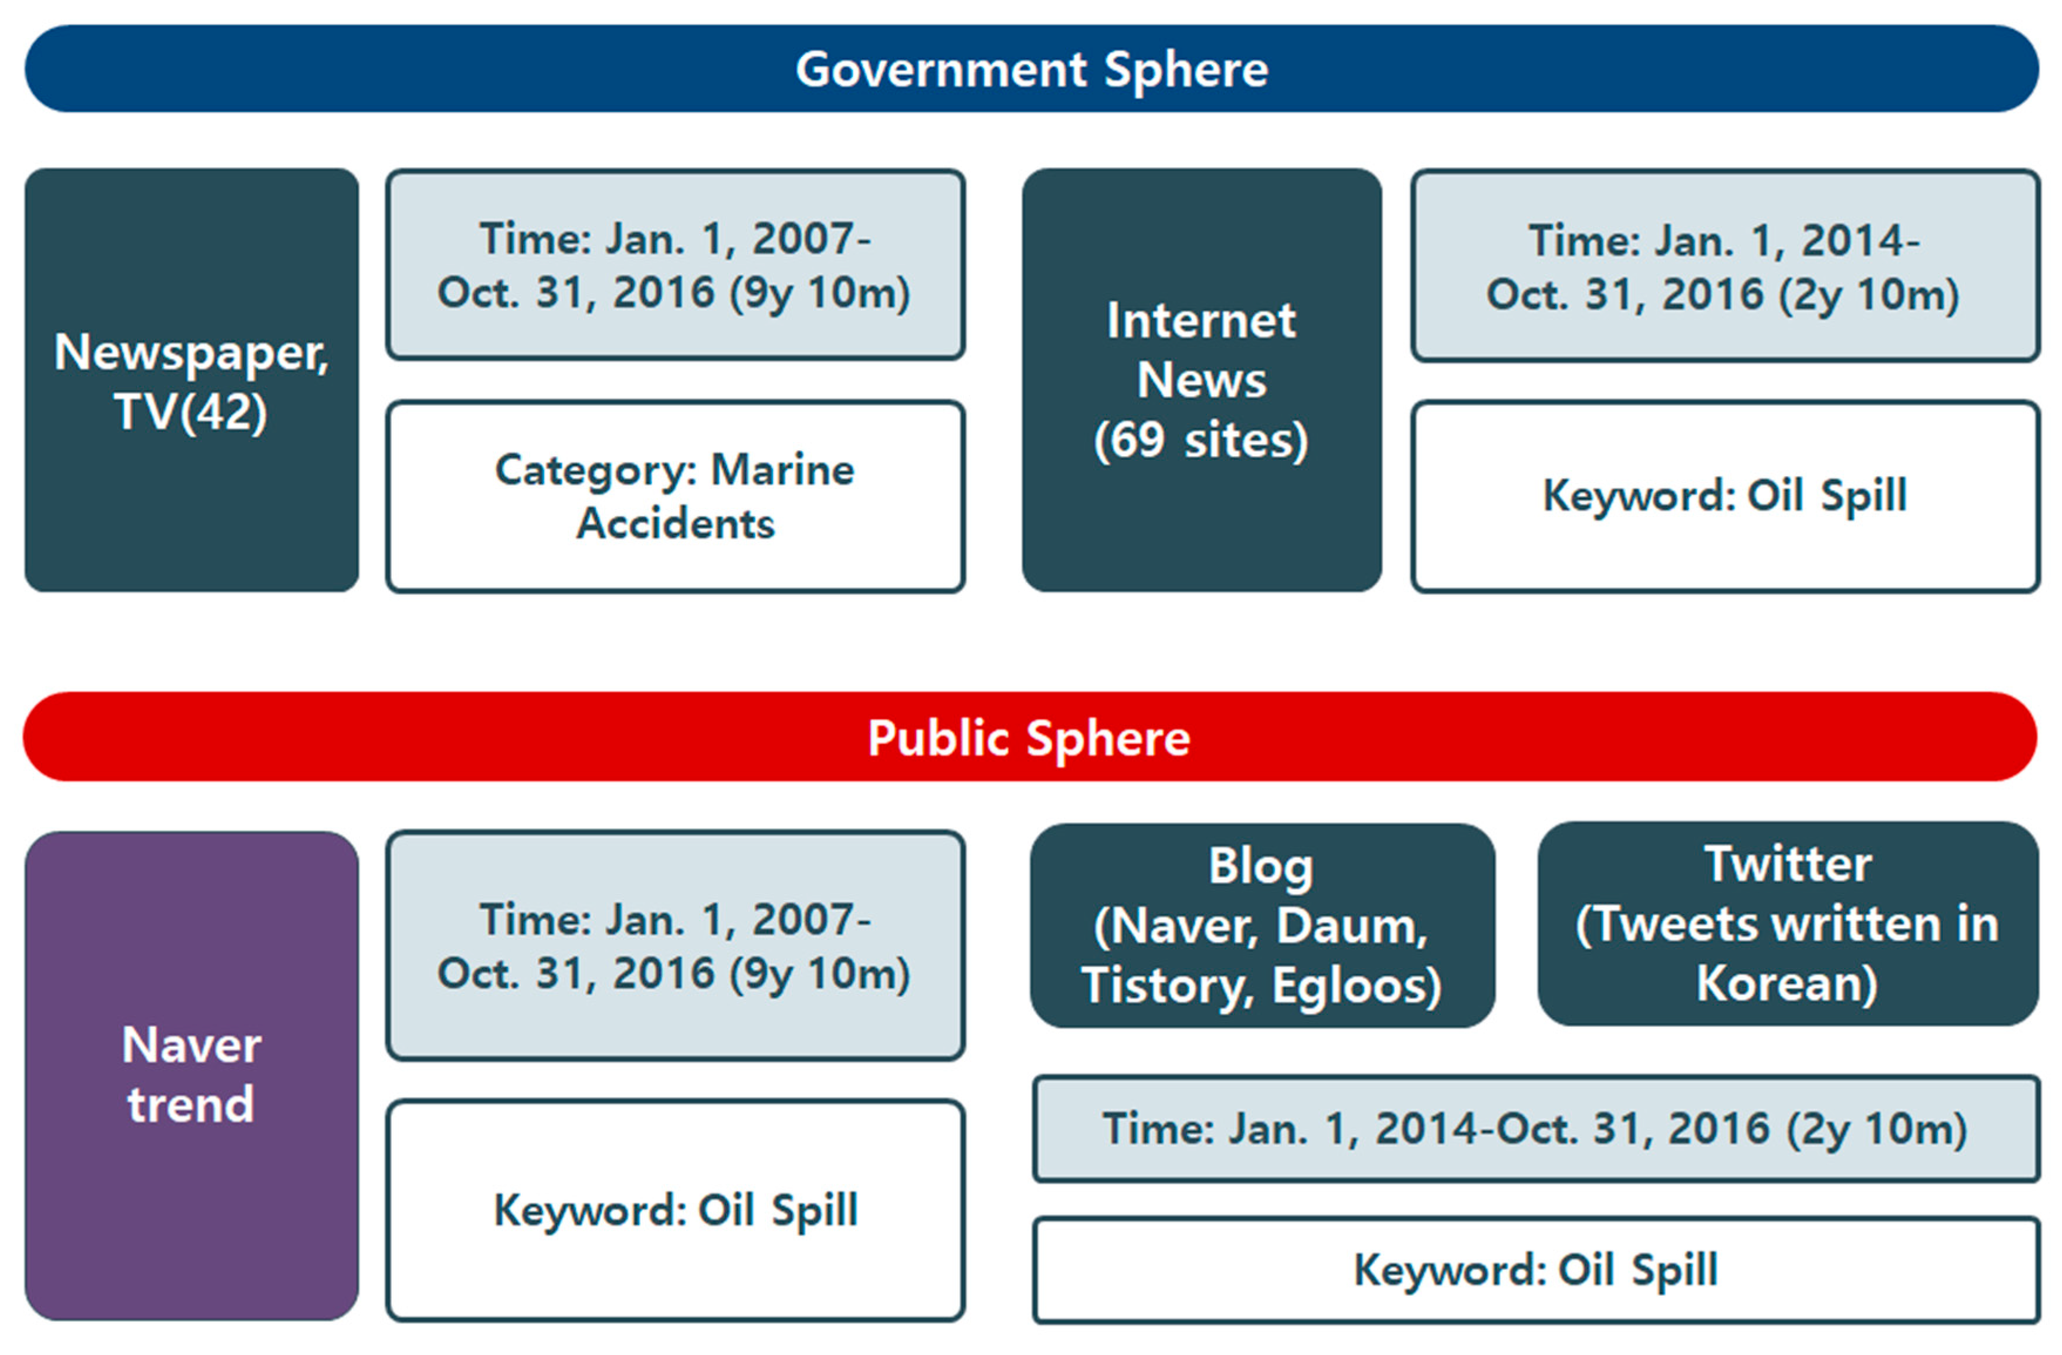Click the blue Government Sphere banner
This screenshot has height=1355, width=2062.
tap(1031, 69)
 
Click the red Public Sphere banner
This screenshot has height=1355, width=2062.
tap(1029, 736)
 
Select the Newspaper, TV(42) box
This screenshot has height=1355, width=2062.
tap(191, 381)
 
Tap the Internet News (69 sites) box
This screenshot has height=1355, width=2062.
tap(1202, 381)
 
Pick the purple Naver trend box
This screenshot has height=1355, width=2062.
tap(191, 1075)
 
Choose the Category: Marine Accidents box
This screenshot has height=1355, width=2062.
tap(676, 497)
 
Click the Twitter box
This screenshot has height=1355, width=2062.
tap(1788, 923)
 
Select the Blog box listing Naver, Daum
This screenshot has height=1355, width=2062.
tap(1262, 925)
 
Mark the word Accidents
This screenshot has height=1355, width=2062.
tap(676, 523)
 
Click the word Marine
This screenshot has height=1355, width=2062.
tap(782, 470)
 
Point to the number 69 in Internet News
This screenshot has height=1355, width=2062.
tap(1138, 440)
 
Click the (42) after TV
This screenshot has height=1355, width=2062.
tap(223, 412)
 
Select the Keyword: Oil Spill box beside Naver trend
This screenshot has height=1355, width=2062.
tap(676, 1210)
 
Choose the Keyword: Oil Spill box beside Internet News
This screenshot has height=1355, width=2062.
tap(1725, 497)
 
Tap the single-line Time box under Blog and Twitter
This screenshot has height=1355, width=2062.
tap(1536, 1129)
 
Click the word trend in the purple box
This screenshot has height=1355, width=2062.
tap(191, 1105)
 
